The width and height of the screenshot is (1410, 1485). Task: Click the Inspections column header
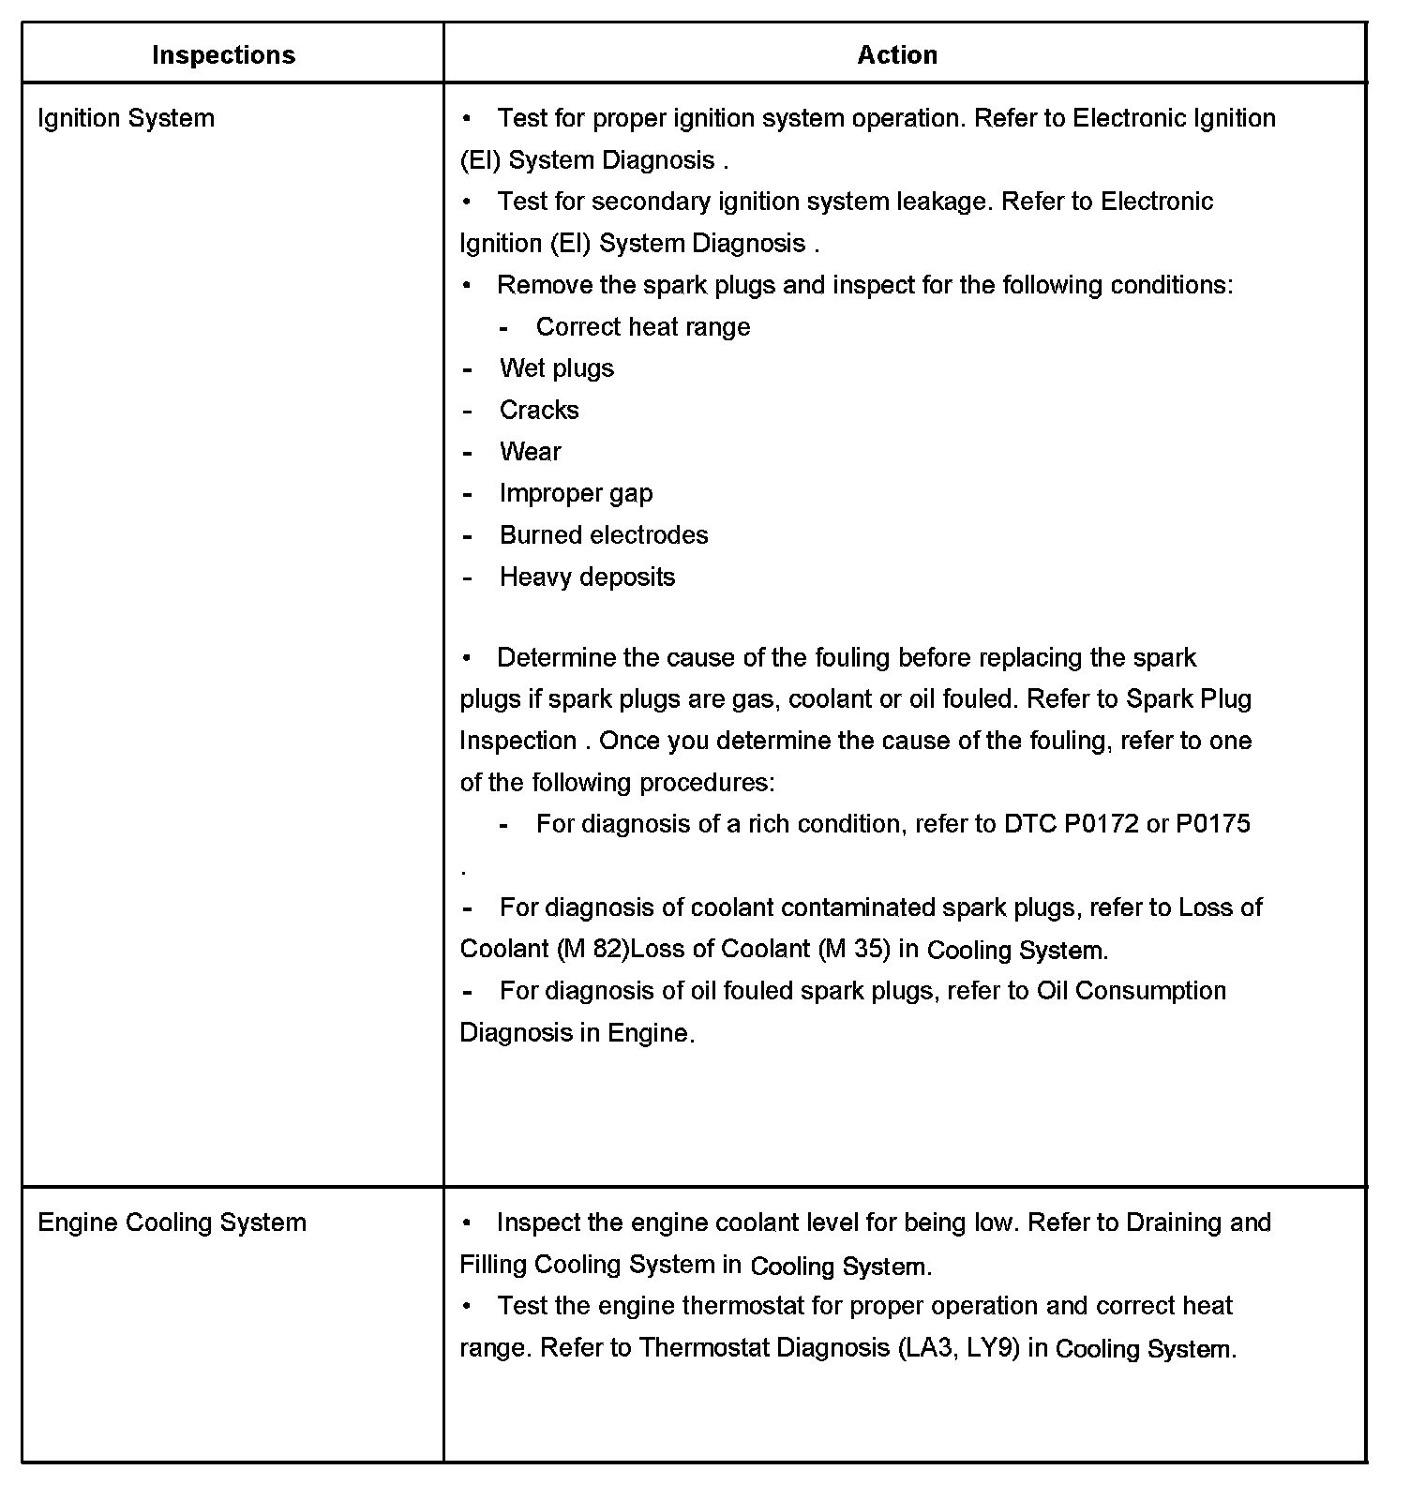223,55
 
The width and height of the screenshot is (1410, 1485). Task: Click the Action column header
897,55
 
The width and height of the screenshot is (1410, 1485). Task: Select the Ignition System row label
126,118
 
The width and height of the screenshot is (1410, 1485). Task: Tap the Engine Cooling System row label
172,1222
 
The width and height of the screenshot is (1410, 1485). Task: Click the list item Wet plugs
557,368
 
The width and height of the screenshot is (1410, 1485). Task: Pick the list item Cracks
539,410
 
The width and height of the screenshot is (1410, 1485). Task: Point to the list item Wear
531,452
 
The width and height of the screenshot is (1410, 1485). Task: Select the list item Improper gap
576,493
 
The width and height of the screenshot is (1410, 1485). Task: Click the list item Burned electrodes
604,535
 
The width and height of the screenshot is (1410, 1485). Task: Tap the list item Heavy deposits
587,577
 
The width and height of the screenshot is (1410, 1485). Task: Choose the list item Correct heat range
643,327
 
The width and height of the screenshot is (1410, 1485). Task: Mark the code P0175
1213,824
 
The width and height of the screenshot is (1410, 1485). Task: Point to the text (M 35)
855,949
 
